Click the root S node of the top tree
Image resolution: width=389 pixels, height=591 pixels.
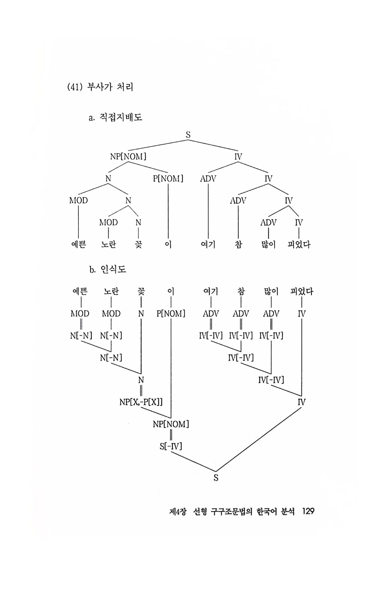click(x=188, y=135)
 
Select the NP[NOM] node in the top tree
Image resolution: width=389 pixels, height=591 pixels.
click(x=128, y=157)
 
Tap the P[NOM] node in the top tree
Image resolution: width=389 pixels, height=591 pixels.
click(x=168, y=179)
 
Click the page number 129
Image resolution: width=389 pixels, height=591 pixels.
click(x=308, y=511)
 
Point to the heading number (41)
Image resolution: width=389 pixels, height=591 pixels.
click(x=74, y=87)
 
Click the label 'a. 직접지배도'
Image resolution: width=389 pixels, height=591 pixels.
click(x=115, y=117)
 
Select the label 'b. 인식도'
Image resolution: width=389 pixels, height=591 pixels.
click(x=108, y=270)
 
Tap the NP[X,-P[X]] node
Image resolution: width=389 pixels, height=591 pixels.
click(x=141, y=402)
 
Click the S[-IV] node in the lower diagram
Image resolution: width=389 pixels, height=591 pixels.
click(x=171, y=446)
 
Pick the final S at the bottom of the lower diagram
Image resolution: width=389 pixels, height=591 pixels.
click(x=216, y=478)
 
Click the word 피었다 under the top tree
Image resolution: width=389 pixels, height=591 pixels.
click(x=299, y=245)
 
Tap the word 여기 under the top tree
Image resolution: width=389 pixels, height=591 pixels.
click(x=208, y=245)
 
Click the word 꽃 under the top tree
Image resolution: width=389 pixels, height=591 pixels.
click(x=139, y=245)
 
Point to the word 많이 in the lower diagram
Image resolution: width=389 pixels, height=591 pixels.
click(x=271, y=291)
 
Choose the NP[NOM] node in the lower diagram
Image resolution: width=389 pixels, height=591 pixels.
click(x=171, y=424)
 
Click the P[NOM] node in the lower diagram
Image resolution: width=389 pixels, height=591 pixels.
click(x=171, y=314)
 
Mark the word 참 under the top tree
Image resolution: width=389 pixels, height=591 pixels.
click(x=238, y=245)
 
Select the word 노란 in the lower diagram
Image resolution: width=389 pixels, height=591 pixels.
click(x=111, y=291)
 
